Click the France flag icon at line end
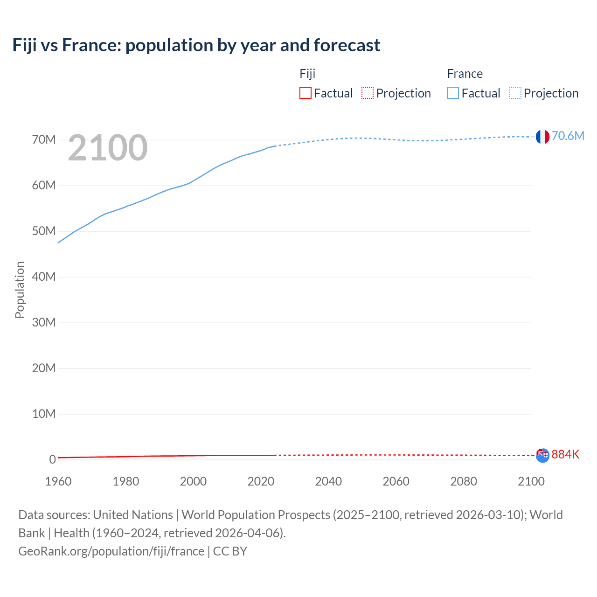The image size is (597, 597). [542, 137]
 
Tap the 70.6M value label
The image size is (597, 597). [568, 136]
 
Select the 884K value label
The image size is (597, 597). [565, 454]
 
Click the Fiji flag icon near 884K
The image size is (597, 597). [542, 455]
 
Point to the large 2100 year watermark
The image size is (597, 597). [108, 148]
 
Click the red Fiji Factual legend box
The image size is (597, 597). [305, 93]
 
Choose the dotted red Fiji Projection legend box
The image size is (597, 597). [368, 93]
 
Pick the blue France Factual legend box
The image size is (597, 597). [452, 93]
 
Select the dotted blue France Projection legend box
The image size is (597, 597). [515, 93]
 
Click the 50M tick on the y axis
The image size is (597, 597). [44, 231]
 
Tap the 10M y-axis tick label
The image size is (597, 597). [44, 414]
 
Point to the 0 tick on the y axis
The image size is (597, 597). [52, 459]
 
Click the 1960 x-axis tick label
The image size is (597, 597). [58, 481]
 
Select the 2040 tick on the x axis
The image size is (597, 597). [328, 481]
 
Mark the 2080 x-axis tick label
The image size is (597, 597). [464, 481]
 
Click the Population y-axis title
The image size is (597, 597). [20, 290]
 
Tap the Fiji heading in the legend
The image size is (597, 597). [307, 74]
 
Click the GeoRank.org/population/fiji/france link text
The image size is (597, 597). [111, 551]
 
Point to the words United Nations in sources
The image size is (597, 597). [133, 515]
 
